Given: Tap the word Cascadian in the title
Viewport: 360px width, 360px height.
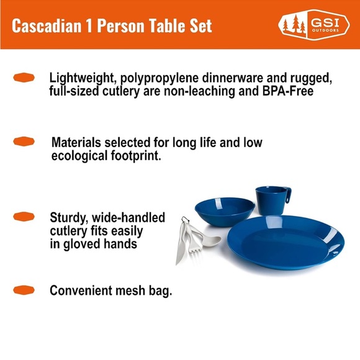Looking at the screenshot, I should pos(41,25).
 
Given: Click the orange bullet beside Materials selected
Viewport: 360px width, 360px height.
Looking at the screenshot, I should pos(23,142).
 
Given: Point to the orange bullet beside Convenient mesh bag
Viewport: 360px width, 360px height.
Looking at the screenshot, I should pos(23,290).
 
